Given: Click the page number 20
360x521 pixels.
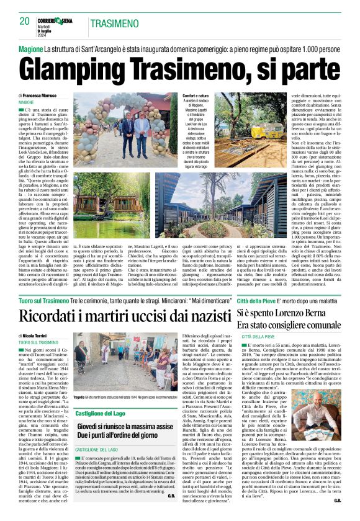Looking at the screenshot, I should click(x=24, y=21).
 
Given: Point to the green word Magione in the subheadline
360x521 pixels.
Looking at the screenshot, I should click(x=30, y=48).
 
